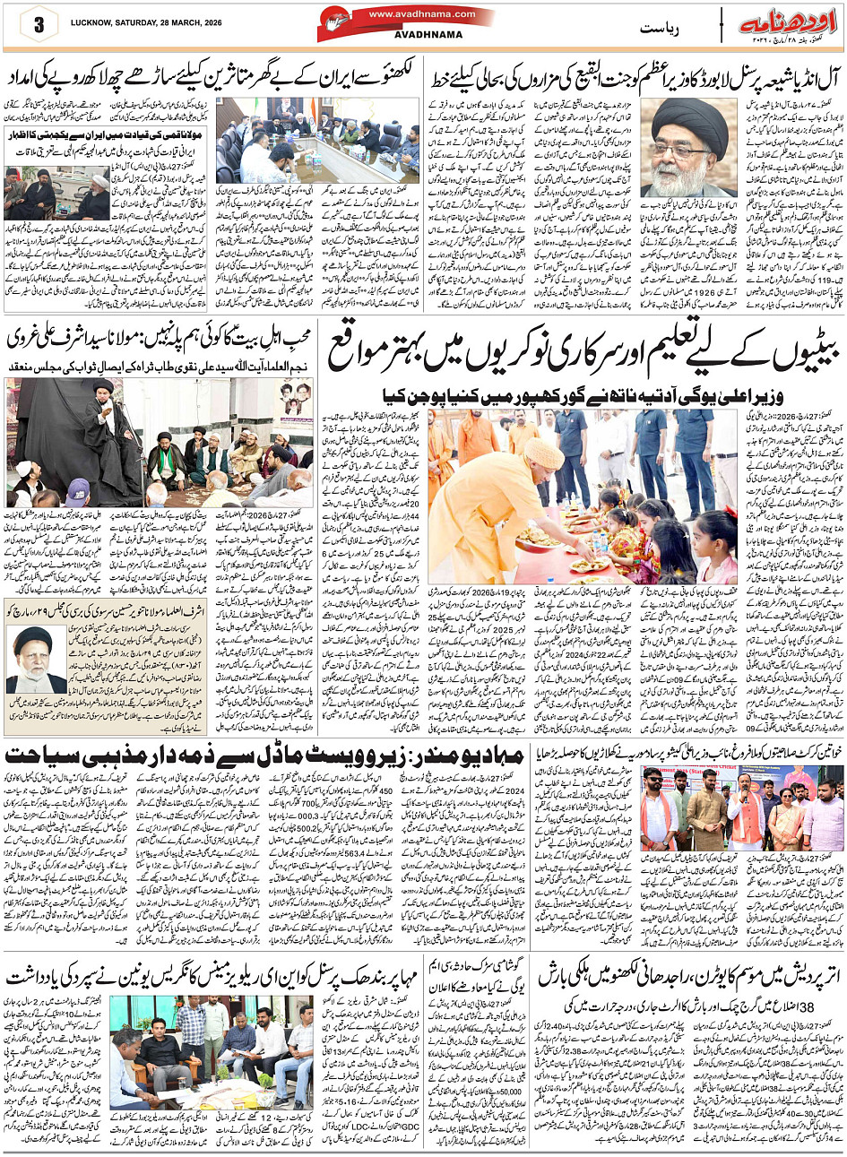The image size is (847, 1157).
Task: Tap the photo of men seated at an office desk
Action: (x=209, y=1046)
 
